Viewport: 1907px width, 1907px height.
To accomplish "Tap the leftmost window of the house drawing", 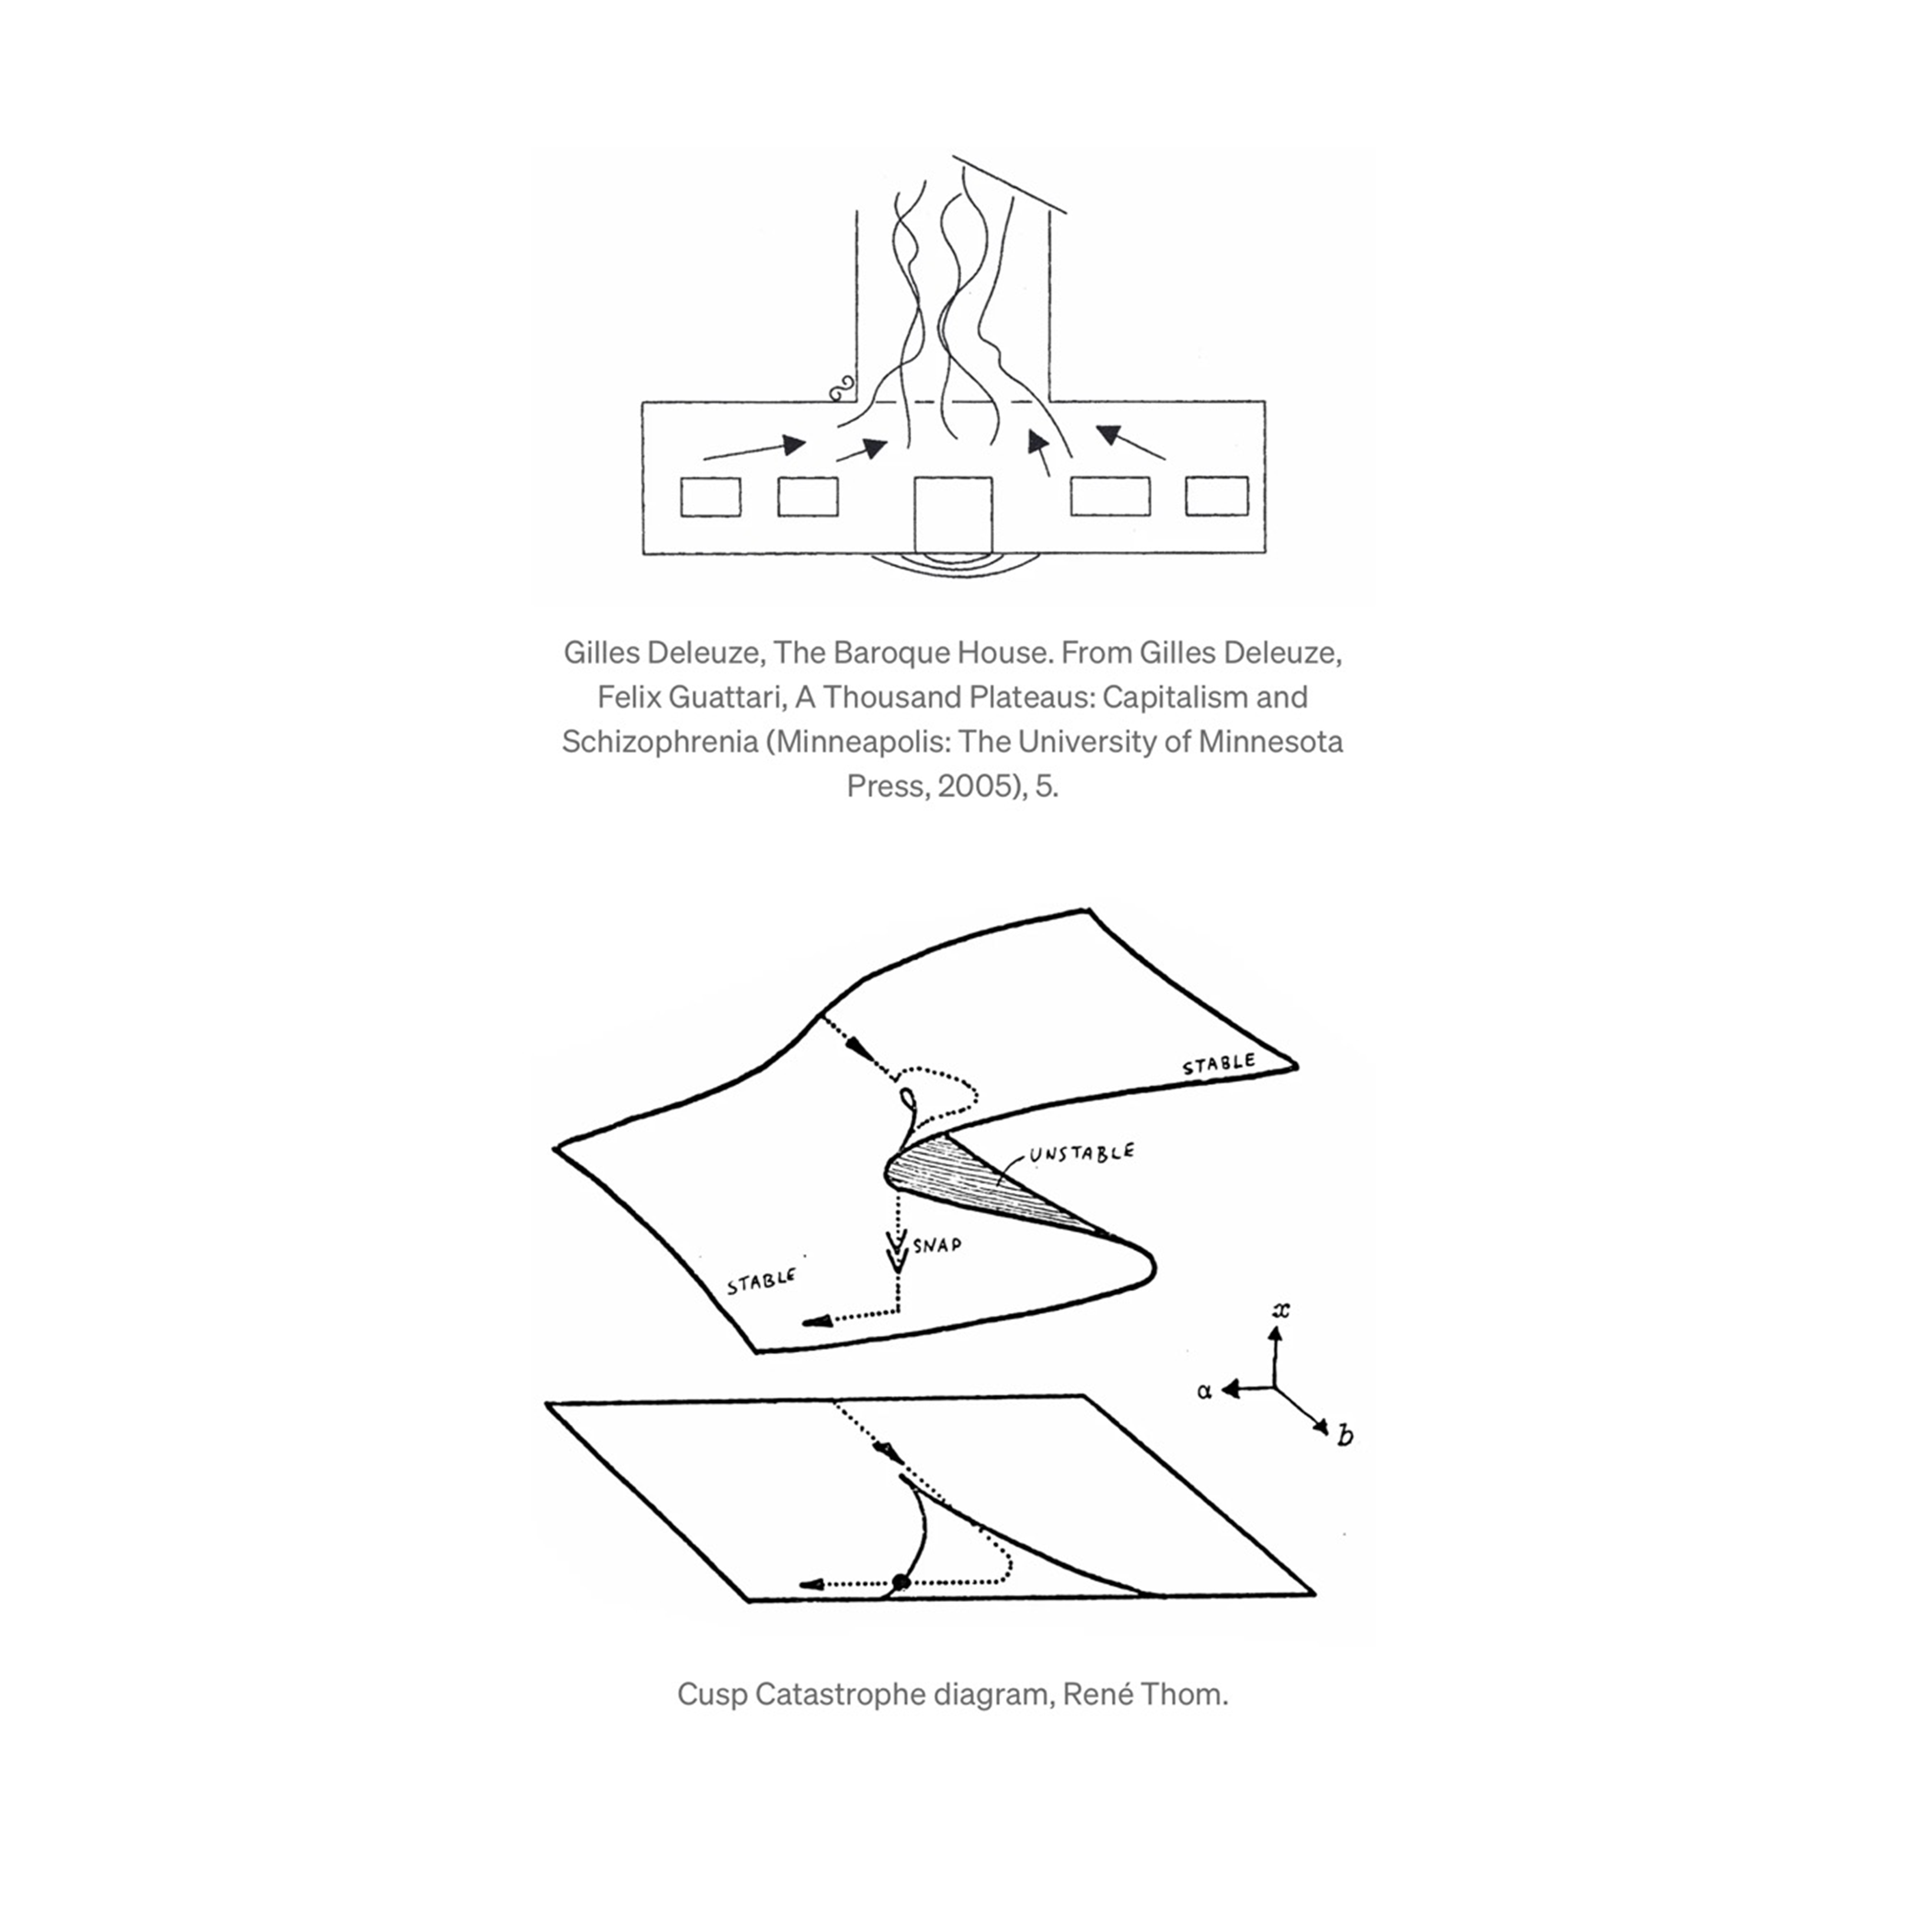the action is pyautogui.click(x=710, y=497).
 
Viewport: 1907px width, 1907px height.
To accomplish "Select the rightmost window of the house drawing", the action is pyautogui.click(x=1216, y=496).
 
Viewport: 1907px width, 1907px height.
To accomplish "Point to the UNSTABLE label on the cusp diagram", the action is pyautogui.click(x=1081, y=1153).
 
